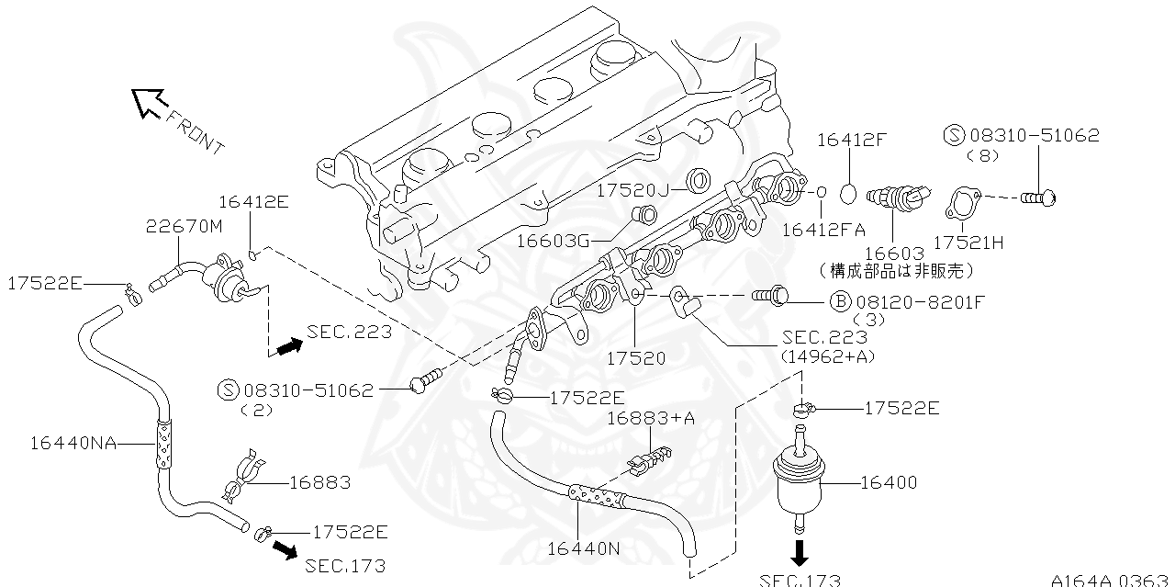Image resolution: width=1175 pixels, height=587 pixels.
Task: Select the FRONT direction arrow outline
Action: [x=148, y=102]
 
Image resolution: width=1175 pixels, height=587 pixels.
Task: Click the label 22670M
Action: [x=185, y=226]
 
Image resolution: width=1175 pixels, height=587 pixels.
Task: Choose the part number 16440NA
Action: [x=73, y=443]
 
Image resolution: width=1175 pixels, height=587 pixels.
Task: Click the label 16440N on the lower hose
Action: [x=584, y=548]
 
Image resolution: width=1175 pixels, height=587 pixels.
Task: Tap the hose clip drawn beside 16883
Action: [x=240, y=478]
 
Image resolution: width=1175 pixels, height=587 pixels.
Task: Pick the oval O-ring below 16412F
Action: [x=850, y=195]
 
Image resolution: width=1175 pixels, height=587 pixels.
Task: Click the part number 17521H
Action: [x=968, y=243]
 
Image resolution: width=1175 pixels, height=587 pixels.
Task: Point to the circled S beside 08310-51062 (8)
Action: [x=953, y=136]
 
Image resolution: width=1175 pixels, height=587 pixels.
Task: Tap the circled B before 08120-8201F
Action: [x=840, y=301]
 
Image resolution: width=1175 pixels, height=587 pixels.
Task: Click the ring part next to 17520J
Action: [x=699, y=179]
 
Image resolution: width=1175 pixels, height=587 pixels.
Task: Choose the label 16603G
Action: [x=554, y=241]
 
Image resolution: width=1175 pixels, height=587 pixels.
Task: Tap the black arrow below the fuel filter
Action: [x=800, y=552]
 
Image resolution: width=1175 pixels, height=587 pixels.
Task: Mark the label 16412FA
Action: [x=823, y=230]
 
